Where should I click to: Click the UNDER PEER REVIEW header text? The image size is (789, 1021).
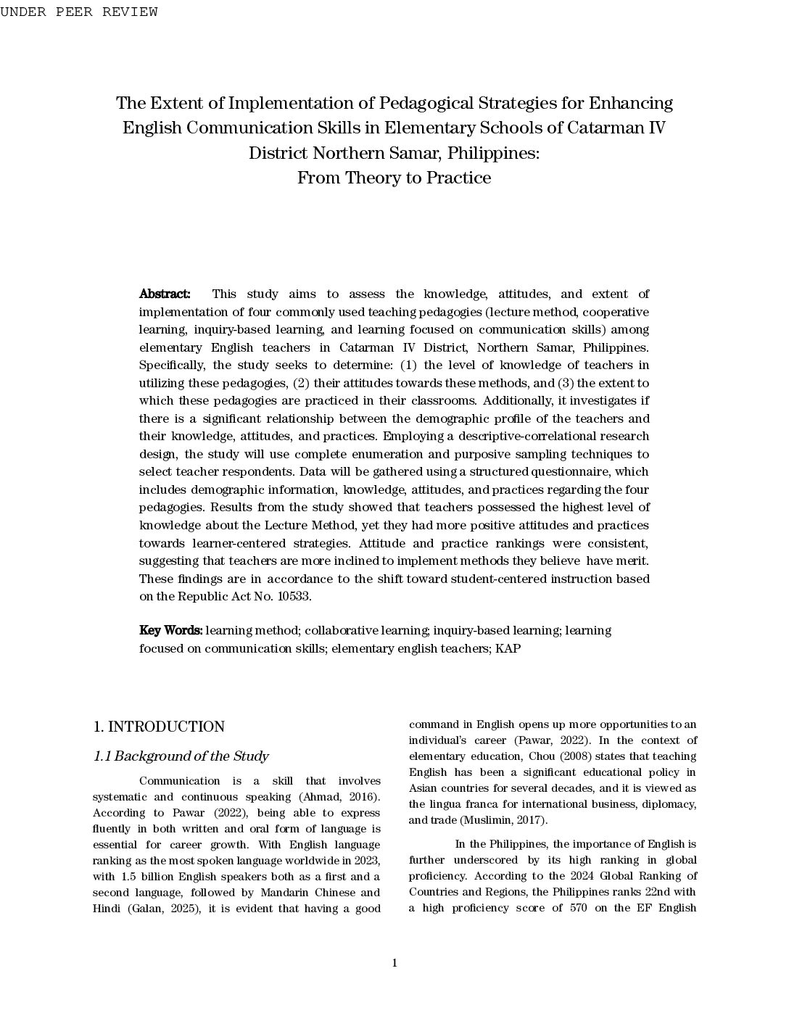(x=79, y=12)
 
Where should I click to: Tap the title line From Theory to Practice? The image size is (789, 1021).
(x=394, y=178)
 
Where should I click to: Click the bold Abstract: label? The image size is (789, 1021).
(x=165, y=294)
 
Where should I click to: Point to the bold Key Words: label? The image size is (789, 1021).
(x=170, y=631)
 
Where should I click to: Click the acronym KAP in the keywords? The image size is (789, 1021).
(x=508, y=649)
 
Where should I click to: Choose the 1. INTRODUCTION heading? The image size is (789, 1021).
(x=159, y=727)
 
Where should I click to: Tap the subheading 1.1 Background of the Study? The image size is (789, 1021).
(x=181, y=757)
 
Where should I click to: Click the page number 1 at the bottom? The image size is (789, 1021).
(x=394, y=964)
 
